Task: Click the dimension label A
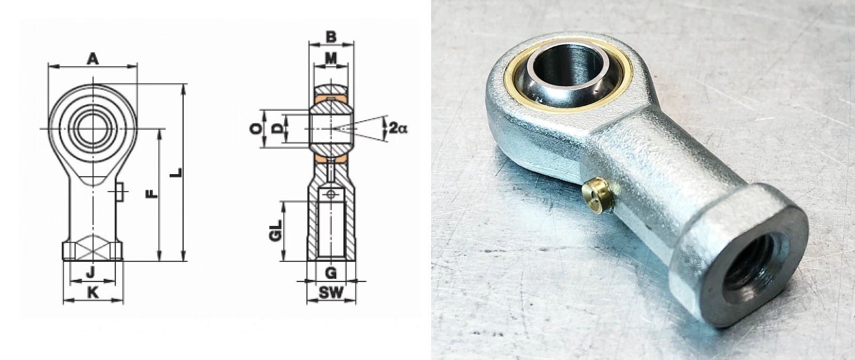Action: coord(93,59)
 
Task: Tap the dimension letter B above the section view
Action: coord(331,37)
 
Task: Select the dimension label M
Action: coord(331,58)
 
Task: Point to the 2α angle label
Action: coord(398,128)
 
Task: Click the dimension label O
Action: coord(256,129)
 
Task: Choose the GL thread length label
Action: coord(275,231)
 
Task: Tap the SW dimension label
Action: coord(331,293)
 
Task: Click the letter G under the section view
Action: coord(331,272)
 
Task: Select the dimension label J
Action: coord(90,272)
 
